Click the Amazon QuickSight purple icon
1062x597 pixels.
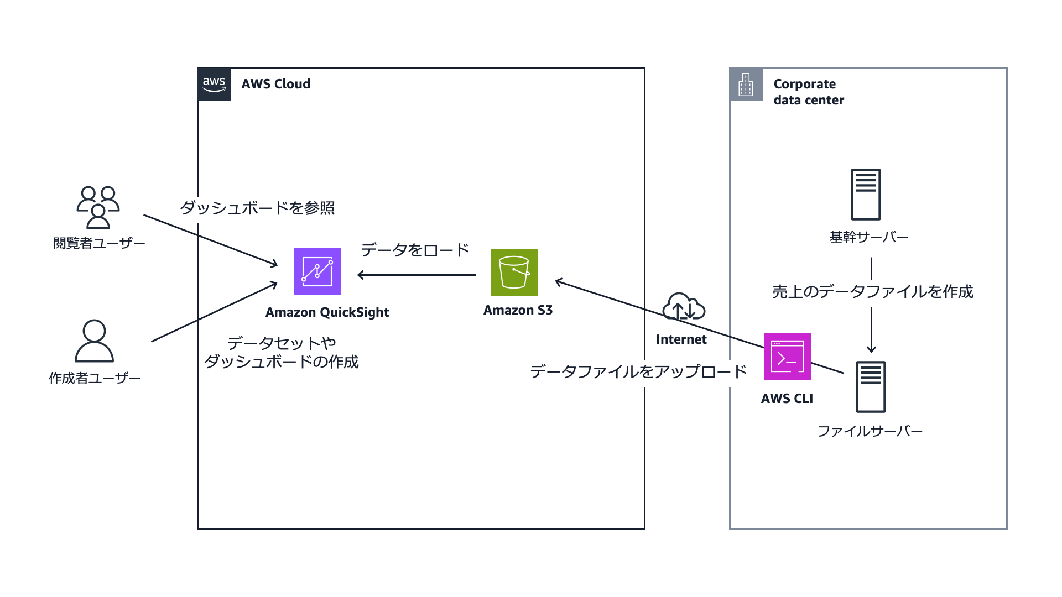pos(317,271)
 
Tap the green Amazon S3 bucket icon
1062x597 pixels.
pos(514,272)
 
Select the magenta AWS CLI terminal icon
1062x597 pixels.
pos(787,356)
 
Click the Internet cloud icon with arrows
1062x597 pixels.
pos(684,307)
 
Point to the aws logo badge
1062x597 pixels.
pos(214,85)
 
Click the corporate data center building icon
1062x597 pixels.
pos(746,85)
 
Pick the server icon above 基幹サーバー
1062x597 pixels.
pos(866,195)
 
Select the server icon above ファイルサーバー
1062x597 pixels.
pos(871,387)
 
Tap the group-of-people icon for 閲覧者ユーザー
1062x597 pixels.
pos(98,207)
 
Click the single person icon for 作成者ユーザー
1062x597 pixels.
pos(94,341)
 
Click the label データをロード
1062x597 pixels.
pos(415,250)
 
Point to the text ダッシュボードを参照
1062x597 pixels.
pos(257,208)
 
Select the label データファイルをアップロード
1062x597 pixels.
pos(638,371)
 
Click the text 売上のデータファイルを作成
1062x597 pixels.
pos(872,291)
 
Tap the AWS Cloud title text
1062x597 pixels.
pos(275,84)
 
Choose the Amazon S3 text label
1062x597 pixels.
pos(518,310)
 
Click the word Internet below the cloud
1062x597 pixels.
pos(681,339)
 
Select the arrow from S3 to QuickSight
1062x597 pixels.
pos(417,275)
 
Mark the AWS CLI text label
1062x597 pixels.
pos(787,399)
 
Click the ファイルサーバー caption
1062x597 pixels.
pos(870,431)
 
